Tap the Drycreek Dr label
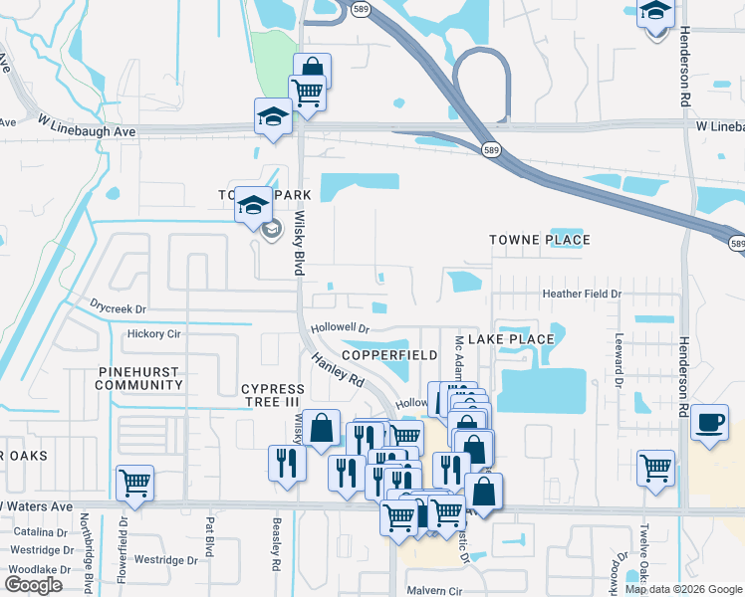pyautogui.click(x=118, y=309)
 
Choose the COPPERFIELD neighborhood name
pyautogui.click(x=389, y=354)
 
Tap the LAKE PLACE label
pyautogui.click(x=510, y=339)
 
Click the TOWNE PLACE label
pyautogui.click(x=539, y=240)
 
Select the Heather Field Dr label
pyautogui.click(x=581, y=294)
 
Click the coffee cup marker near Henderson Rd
pyautogui.click(x=709, y=421)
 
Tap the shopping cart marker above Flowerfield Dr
pyautogui.click(x=134, y=483)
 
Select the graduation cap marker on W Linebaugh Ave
pyautogui.click(x=273, y=116)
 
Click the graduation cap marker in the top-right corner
pyautogui.click(x=655, y=12)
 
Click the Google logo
pyautogui.click(x=34, y=585)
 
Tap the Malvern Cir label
pyautogui.click(x=437, y=589)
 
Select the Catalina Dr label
pyautogui.click(x=34, y=532)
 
